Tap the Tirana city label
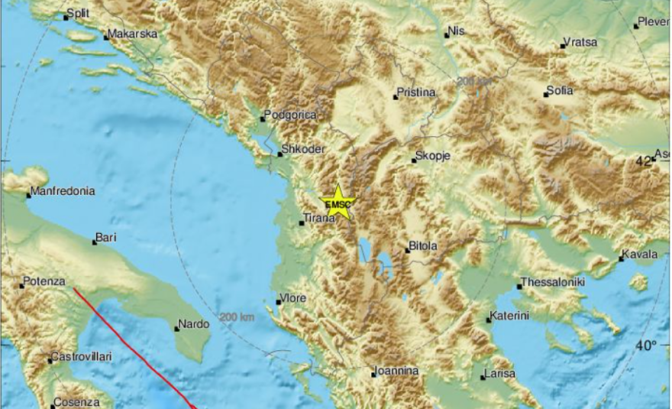(x=320, y=219)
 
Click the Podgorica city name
(x=291, y=115)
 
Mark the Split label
(x=78, y=14)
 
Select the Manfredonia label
(x=63, y=191)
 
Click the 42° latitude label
(x=644, y=161)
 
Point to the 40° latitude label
(x=646, y=345)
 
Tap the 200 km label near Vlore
(x=235, y=317)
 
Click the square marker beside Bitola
(x=407, y=249)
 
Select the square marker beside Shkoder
(x=279, y=155)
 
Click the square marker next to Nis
(x=447, y=34)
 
